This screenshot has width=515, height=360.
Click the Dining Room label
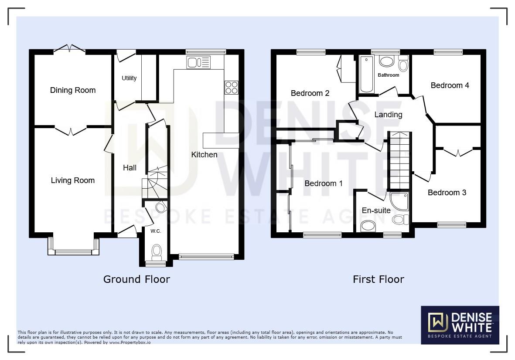click(72, 90)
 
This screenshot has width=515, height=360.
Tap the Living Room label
click(72, 180)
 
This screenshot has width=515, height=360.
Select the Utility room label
click(129, 78)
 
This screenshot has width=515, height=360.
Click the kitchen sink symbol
click(198, 63)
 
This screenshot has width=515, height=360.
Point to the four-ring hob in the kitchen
click(231, 88)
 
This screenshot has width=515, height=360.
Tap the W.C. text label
click(156, 231)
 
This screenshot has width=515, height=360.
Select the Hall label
click(130, 168)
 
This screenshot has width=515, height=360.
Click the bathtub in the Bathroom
click(366, 74)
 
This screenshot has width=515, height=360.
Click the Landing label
click(388, 115)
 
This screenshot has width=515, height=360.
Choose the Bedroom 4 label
click(450, 85)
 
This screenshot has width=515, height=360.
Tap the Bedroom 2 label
click(310, 93)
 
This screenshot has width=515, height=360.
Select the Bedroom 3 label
click(447, 193)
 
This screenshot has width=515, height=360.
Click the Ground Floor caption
click(136, 279)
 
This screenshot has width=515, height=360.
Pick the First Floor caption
click(378, 279)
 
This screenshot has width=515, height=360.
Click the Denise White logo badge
click(460, 325)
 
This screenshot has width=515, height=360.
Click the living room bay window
click(73, 251)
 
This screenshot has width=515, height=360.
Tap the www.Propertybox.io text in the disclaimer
click(130, 343)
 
